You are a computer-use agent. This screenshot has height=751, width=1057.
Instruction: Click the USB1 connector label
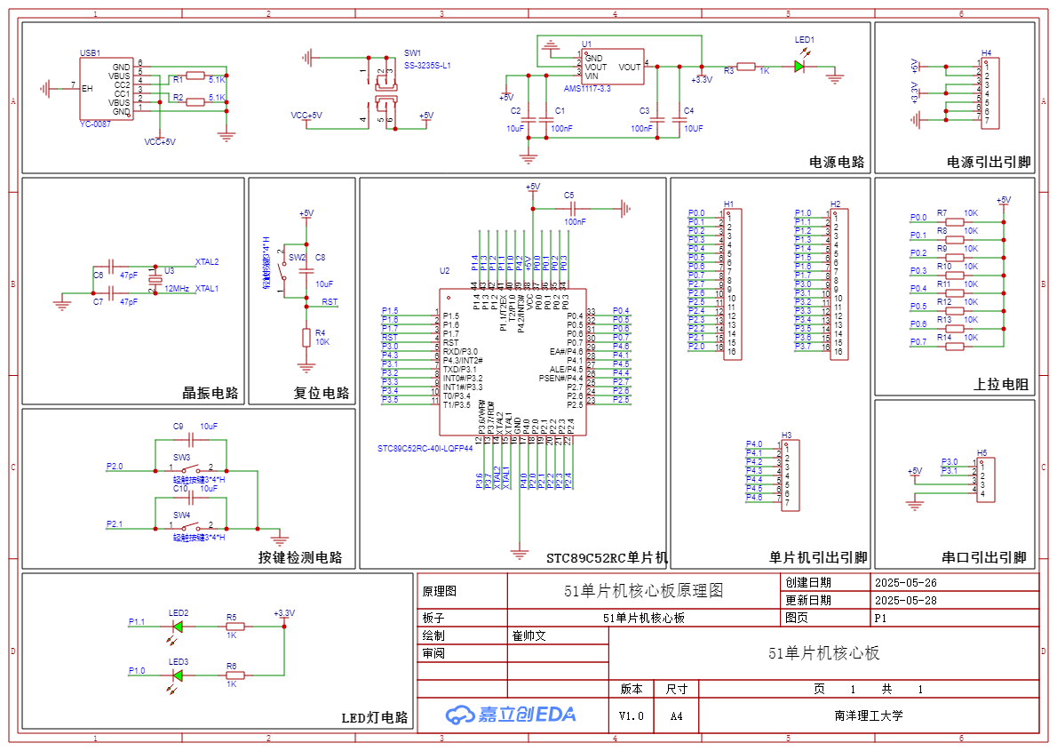pos(90,53)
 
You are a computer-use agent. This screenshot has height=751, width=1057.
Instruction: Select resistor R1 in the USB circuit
pos(195,76)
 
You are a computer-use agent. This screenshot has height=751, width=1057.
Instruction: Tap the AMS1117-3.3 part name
pos(587,89)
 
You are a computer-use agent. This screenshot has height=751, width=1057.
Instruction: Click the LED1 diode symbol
pos(799,67)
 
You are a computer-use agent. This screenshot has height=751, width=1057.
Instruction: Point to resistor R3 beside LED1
pos(746,67)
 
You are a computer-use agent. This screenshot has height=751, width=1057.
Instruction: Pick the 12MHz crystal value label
pos(177,289)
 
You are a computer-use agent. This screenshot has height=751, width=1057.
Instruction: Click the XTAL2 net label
pos(207,262)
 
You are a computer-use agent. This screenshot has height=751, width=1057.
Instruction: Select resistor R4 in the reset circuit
pos(306,337)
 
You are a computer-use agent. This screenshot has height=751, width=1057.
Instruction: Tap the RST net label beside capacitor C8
pos(330,302)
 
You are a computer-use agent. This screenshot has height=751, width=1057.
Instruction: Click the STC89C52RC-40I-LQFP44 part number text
pos(424,449)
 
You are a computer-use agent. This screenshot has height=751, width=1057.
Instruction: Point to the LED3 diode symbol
pos(178,675)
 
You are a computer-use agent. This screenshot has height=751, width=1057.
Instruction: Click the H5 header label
pos(981,452)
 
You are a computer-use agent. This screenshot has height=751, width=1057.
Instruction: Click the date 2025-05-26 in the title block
pos(906,583)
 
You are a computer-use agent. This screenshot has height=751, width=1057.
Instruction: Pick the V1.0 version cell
pos(632,715)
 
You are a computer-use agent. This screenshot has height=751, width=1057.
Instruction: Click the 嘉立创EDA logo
pos(511,714)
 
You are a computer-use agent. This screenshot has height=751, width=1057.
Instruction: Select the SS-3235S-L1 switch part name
pos(427,66)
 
